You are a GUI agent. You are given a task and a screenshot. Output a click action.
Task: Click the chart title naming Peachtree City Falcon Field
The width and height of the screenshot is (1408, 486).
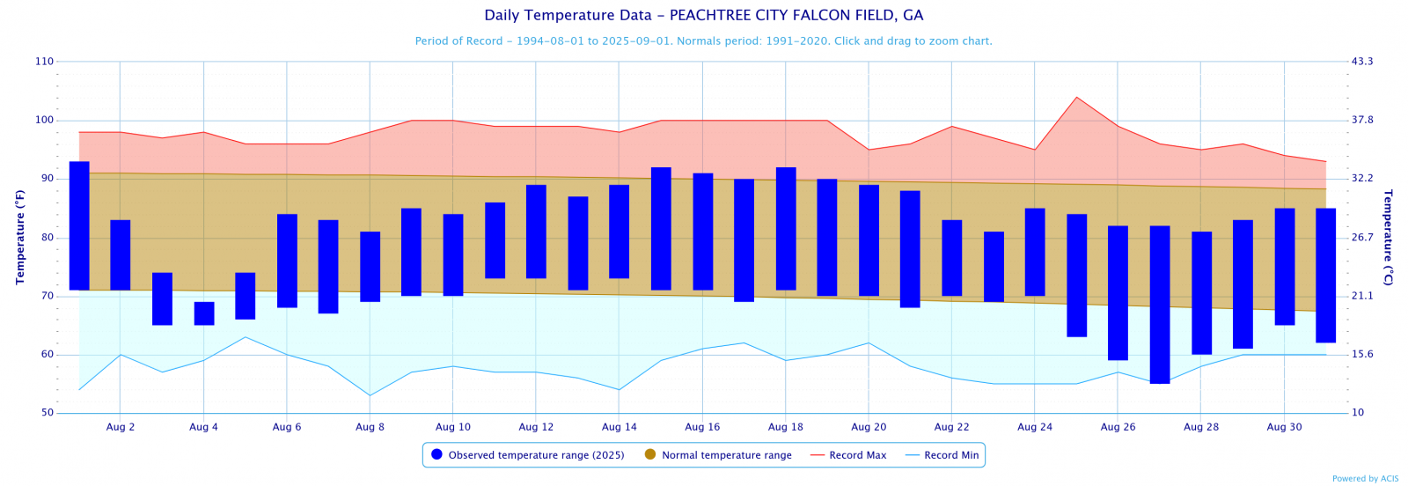pyautogui.click(x=703, y=16)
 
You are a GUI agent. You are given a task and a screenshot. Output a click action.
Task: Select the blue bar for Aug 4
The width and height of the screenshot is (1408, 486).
pyautogui.click(x=204, y=313)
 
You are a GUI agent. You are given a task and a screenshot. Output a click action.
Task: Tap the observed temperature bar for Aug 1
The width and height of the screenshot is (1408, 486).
pyautogui.click(x=79, y=225)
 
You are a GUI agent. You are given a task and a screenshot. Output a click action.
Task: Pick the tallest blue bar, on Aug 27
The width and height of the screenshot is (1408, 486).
pyautogui.click(x=1160, y=305)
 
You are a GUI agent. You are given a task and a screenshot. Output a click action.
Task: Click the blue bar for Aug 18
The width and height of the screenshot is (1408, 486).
pyautogui.click(x=786, y=228)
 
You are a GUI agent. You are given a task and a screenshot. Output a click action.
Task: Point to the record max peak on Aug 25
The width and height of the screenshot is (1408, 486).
pyautogui.click(x=1076, y=98)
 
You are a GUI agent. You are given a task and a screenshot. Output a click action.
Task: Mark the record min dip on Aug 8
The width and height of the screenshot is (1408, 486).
pyautogui.click(x=370, y=395)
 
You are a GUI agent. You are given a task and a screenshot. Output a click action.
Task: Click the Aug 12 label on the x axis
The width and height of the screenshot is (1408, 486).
pyautogui.click(x=536, y=427)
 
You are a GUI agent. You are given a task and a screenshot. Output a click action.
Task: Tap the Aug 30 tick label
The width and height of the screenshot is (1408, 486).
pyautogui.click(x=1284, y=427)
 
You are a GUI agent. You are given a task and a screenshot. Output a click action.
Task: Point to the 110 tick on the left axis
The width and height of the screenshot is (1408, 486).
pyautogui.click(x=44, y=62)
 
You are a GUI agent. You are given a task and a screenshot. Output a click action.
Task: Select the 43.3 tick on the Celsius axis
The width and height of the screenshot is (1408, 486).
pyautogui.click(x=1362, y=62)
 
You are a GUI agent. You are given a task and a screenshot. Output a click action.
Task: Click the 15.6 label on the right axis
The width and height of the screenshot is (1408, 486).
pyautogui.click(x=1362, y=355)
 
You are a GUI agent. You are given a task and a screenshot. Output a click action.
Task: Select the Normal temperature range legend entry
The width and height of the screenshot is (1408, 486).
pyautogui.click(x=726, y=455)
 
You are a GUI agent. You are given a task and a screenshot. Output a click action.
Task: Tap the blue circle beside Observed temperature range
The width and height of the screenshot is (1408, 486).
pyautogui.click(x=436, y=455)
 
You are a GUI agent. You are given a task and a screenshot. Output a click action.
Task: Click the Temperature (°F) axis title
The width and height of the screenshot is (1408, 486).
pyautogui.click(x=19, y=237)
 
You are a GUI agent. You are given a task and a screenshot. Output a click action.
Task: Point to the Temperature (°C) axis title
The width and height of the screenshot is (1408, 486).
pyautogui.click(x=1388, y=237)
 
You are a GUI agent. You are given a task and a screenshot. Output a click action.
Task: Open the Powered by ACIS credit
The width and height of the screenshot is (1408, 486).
pyautogui.click(x=1365, y=479)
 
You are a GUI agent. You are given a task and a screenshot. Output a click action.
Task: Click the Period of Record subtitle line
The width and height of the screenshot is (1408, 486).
pyautogui.click(x=703, y=41)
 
